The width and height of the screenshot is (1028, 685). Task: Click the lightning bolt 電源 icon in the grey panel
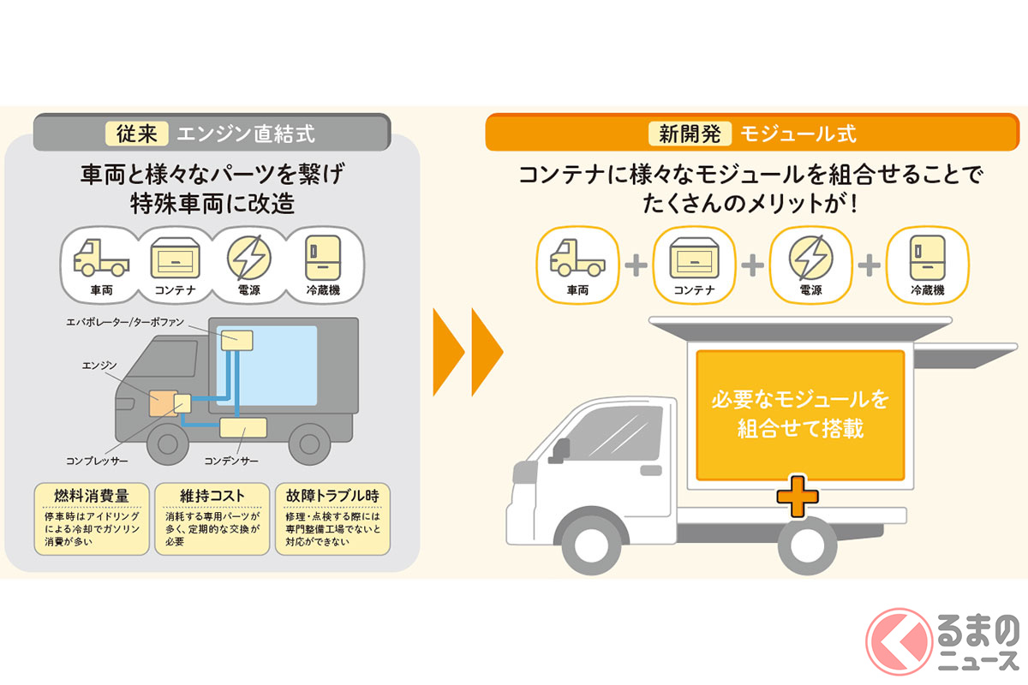(x=248, y=256)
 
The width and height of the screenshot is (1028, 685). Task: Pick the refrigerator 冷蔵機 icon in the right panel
(x=927, y=256)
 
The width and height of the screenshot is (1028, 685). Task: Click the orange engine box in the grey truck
(x=161, y=403)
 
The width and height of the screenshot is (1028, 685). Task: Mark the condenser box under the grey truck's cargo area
(x=243, y=426)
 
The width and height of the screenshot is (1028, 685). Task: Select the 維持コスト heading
(x=212, y=495)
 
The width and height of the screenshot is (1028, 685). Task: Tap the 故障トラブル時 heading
(x=332, y=495)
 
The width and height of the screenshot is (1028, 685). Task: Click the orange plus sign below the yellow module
(x=798, y=497)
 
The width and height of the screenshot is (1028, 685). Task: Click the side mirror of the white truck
(x=561, y=448)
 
